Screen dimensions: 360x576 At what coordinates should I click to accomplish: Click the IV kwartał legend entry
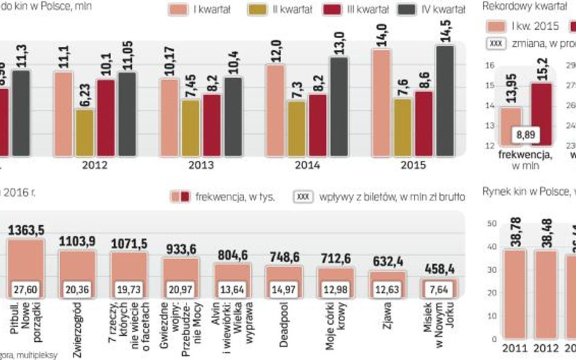coord(431,10)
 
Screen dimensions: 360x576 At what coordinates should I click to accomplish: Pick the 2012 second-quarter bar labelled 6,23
coord(84,124)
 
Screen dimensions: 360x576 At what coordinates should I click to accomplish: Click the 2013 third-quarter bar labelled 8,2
coord(212,116)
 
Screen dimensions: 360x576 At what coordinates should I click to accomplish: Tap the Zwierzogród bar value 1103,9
coord(77,242)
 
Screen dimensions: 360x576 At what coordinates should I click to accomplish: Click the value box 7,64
coord(439,290)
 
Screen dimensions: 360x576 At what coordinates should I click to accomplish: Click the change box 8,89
coord(526,135)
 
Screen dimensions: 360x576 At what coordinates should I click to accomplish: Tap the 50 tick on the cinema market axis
coord(493,224)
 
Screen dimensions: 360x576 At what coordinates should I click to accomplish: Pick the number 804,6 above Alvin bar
coord(231,256)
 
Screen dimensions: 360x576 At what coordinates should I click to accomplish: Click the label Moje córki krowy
coord(336,331)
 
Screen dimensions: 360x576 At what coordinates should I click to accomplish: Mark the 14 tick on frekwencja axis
coord(489,106)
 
